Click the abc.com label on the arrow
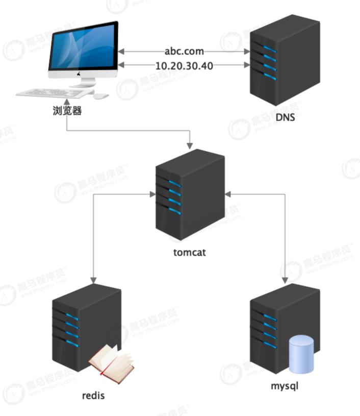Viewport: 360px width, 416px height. [184, 51]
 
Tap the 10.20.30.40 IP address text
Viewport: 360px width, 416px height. [184, 65]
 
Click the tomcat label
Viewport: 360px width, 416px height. [189, 252]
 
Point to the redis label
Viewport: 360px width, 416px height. [93, 395]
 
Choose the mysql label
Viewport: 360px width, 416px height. [285, 385]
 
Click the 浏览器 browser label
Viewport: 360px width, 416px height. [67, 110]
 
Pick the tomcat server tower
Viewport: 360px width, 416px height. [189, 194]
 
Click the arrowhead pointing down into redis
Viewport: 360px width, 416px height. [93, 280]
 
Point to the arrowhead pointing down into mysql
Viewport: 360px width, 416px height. [285, 280]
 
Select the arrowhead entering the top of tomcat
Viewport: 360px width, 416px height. [189, 145]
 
